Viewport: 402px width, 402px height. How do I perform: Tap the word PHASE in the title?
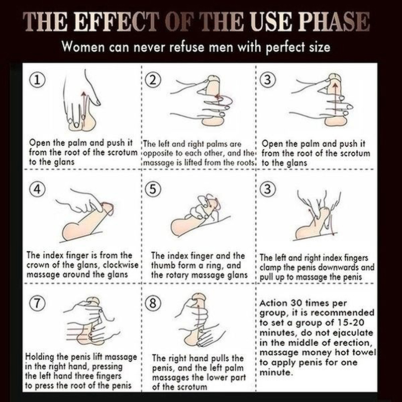(x=334, y=22)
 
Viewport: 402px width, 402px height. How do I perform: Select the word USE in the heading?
(x=271, y=22)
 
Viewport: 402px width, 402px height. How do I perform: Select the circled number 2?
(x=153, y=80)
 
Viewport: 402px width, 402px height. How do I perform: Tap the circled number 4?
(x=37, y=189)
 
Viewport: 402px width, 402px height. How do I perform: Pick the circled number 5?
(x=153, y=189)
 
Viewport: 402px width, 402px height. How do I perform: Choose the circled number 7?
(x=37, y=303)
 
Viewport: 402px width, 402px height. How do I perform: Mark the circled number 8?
(x=153, y=303)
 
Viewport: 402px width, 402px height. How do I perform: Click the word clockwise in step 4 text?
(x=121, y=265)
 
